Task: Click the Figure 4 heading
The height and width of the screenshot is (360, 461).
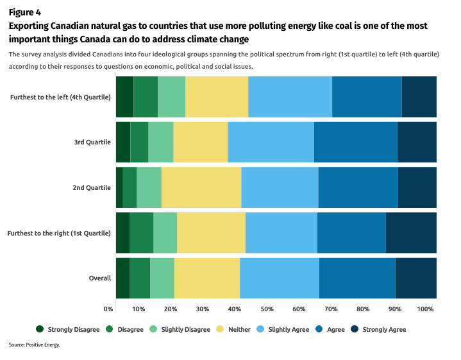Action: (25, 12)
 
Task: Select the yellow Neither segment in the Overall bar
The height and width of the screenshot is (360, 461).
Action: (206, 278)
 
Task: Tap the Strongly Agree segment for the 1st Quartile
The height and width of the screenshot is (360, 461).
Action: (411, 232)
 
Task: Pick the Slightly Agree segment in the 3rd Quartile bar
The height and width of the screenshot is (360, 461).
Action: (271, 141)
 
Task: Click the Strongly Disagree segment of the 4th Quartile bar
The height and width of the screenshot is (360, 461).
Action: (124, 96)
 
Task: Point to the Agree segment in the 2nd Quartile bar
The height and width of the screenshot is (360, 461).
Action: (358, 187)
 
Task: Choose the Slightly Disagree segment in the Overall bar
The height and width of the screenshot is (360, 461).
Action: (162, 278)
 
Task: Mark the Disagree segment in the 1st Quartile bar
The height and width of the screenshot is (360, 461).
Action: (141, 232)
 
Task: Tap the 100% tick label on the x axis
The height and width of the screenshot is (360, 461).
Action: (425, 309)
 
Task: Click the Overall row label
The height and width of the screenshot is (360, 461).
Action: (100, 278)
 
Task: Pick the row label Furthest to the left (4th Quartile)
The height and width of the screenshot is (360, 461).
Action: (61, 97)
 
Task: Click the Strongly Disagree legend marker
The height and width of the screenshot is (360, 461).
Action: (40, 329)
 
